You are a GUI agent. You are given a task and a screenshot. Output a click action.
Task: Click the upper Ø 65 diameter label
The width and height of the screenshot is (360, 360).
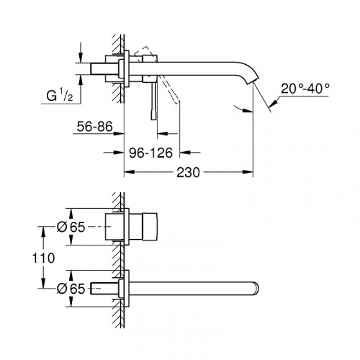[x=72, y=227]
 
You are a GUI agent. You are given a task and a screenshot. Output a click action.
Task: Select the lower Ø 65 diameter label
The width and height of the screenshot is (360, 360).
[x=72, y=288]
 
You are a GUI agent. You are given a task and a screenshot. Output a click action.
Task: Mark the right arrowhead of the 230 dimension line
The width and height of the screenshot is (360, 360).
[x=250, y=174]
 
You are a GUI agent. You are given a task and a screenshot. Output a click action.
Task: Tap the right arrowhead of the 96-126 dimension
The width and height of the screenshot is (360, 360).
[x=184, y=153]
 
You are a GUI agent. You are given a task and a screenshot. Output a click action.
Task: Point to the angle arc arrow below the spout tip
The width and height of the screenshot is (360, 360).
[x=245, y=109]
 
